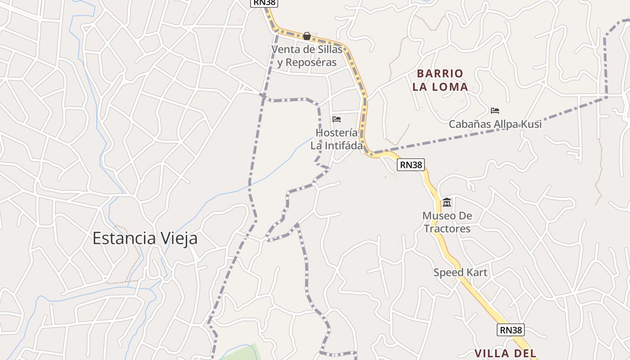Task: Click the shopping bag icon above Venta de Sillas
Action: pyautogui.click(x=307, y=36)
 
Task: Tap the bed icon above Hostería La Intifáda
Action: pyautogui.click(x=336, y=119)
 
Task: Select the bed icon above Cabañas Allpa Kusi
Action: pyautogui.click(x=495, y=110)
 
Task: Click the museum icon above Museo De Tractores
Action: pyautogui.click(x=446, y=202)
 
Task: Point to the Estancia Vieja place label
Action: pyautogui.click(x=145, y=238)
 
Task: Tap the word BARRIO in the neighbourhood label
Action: pyautogui.click(x=440, y=73)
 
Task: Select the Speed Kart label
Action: pyautogui.click(x=460, y=272)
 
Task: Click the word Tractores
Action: pyautogui.click(x=447, y=229)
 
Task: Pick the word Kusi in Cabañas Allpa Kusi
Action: pyautogui.click(x=531, y=124)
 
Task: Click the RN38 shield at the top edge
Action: pyautogui.click(x=264, y=2)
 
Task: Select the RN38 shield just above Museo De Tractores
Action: pyautogui.click(x=411, y=165)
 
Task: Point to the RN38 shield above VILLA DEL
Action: pyautogui.click(x=511, y=330)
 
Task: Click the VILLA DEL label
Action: pyautogui.click(x=505, y=353)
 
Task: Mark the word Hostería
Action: pyautogui.click(x=337, y=133)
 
